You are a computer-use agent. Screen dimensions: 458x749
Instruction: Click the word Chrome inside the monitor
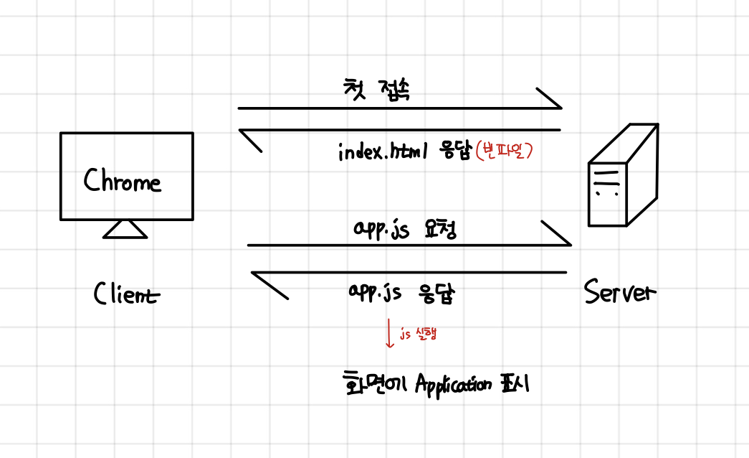click(123, 180)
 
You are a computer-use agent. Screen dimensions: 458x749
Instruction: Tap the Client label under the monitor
click(126, 294)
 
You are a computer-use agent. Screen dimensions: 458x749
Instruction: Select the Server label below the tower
click(619, 292)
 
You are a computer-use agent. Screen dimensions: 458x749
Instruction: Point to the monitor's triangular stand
click(125, 229)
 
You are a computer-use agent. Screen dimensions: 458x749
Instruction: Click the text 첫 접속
click(377, 91)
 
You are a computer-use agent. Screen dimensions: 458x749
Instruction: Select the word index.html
click(383, 152)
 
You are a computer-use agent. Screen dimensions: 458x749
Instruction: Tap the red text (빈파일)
click(506, 152)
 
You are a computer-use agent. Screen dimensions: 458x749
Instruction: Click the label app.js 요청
click(405, 229)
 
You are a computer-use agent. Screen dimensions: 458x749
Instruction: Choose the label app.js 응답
click(401, 292)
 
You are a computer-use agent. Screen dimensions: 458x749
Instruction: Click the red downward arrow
click(389, 333)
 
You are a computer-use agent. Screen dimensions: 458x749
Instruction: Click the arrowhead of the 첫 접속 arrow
click(550, 98)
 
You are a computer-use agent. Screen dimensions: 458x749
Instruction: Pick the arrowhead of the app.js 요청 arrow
click(558, 234)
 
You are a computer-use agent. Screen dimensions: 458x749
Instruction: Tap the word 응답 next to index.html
click(452, 152)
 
